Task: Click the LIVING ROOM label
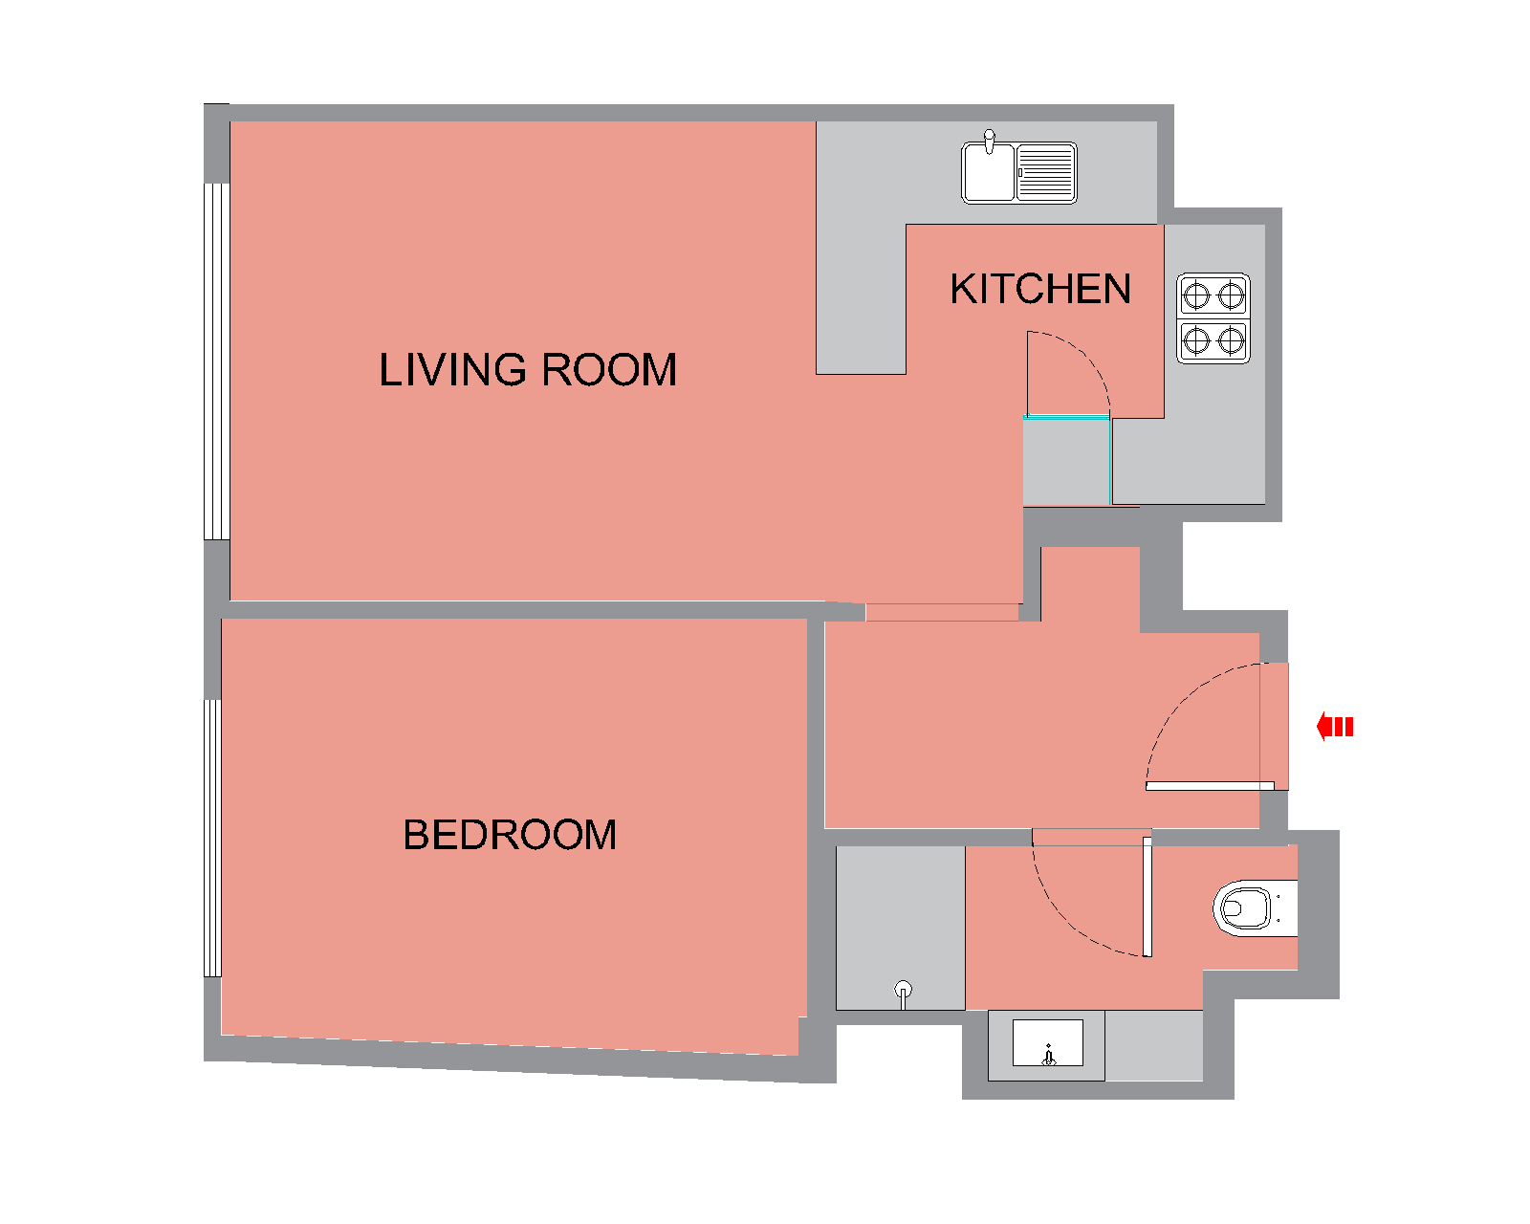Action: pyautogui.click(x=528, y=370)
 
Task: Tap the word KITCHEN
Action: pyautogui.click(x=1040, y=289)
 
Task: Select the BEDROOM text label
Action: pyautogui.click(x=510, y=835)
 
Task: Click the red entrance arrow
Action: pyautogui.click(x=1335, y=727)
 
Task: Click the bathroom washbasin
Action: pyautogui.click(x=1047, y=1042)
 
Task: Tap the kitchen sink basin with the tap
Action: pyautogui.click(x=988, y=173)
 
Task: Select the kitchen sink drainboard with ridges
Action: pyautogui.click(x=1046, y=173)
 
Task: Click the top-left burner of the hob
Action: pyautogui.click(x=1196, y=295)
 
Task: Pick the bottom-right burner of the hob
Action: pyautogui.click(x=1231, y=340)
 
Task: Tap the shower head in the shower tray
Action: pyautogui.click(x=903, y=993)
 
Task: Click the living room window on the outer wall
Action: pyautogui.click(x=217, y=361)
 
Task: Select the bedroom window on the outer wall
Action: pyautogui.click(x=212, y=840)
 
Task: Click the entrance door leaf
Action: pyautogui.click(x=1210, y=786)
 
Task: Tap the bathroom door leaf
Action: pyautogui.click(x=1147, y=897)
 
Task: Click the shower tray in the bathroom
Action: pyautogui.click(x=900, y=928)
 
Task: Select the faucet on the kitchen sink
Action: pyautogui.click(x=989, y=141)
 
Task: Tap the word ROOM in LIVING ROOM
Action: pyautogui.click(x=608, y=370)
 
